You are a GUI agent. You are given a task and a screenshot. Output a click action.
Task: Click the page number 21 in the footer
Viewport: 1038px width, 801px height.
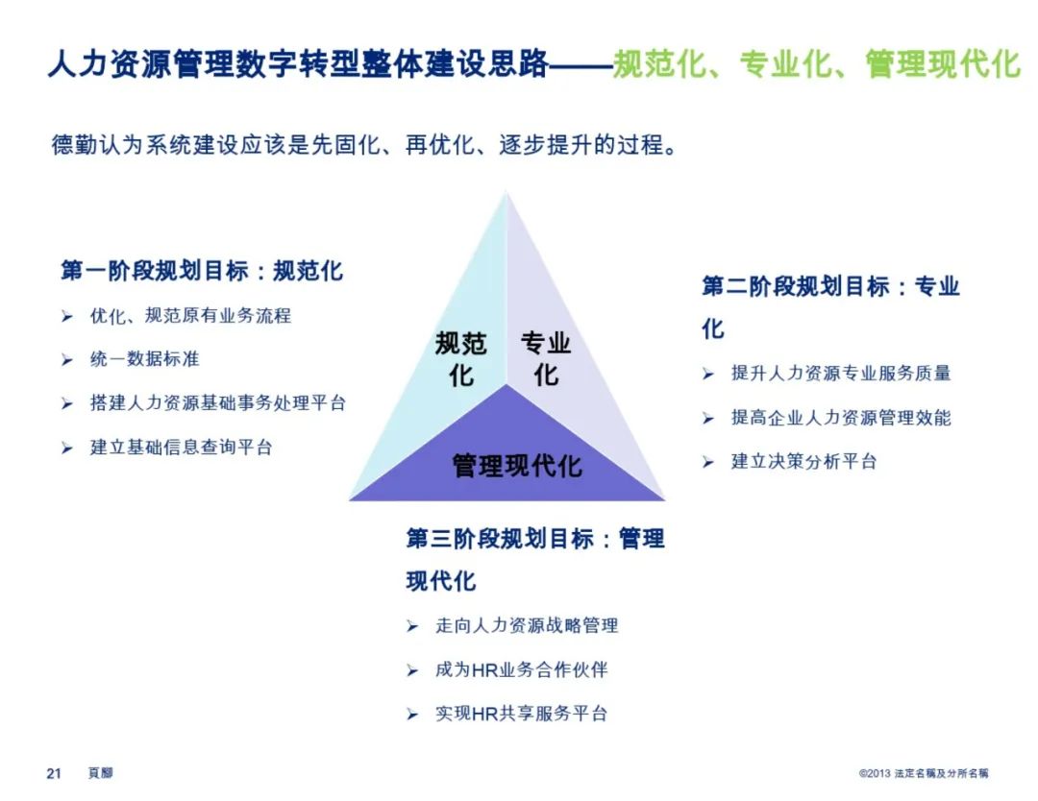pos(54,773)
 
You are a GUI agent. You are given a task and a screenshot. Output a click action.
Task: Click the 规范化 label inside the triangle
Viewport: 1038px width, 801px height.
pos(460,358)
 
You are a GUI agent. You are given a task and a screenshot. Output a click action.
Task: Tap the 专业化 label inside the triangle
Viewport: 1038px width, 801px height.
pos(546,358)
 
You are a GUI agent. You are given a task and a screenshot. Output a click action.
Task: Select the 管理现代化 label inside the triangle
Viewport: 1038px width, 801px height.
pos(517,466)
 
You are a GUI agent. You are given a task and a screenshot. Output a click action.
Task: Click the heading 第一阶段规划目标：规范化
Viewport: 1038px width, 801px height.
pos(202,271)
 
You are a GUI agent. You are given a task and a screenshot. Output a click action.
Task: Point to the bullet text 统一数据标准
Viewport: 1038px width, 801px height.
pos(145,359)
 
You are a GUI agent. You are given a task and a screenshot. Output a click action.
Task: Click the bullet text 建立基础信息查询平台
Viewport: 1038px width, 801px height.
pos(182,447)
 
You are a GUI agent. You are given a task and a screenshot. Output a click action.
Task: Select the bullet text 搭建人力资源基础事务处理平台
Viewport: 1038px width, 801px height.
pos(218,403)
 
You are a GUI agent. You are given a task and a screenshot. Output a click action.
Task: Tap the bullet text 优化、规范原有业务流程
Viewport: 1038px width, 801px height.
pos(190,315)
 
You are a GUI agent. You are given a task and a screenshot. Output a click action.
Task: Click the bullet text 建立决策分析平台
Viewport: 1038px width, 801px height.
pos(804,461)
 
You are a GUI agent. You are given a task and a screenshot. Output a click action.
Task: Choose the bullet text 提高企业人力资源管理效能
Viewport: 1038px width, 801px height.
pos(841,418)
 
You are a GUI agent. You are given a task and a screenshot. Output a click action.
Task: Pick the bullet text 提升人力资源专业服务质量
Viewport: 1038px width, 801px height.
pos(841,374)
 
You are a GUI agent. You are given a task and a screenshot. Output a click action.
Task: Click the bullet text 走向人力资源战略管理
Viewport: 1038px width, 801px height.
pos(527,625)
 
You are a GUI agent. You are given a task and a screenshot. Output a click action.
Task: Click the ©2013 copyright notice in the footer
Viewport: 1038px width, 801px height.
pos(924,773)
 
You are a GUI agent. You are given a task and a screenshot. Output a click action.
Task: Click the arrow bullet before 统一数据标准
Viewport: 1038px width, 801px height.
pos(67,360)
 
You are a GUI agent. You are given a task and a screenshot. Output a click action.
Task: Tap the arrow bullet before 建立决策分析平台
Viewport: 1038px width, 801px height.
pos(708,462)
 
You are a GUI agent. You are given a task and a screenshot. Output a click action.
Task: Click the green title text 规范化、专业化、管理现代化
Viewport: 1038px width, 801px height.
pos(817,64)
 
